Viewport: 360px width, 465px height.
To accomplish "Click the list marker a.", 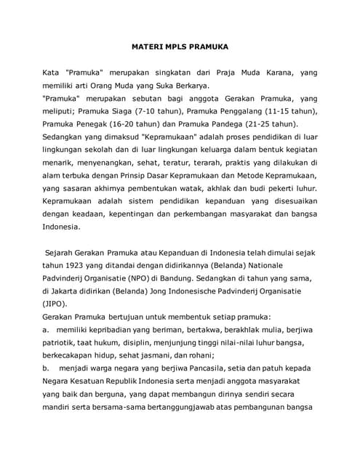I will point(47,330).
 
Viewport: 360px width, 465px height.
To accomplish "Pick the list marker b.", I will point(47,368).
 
